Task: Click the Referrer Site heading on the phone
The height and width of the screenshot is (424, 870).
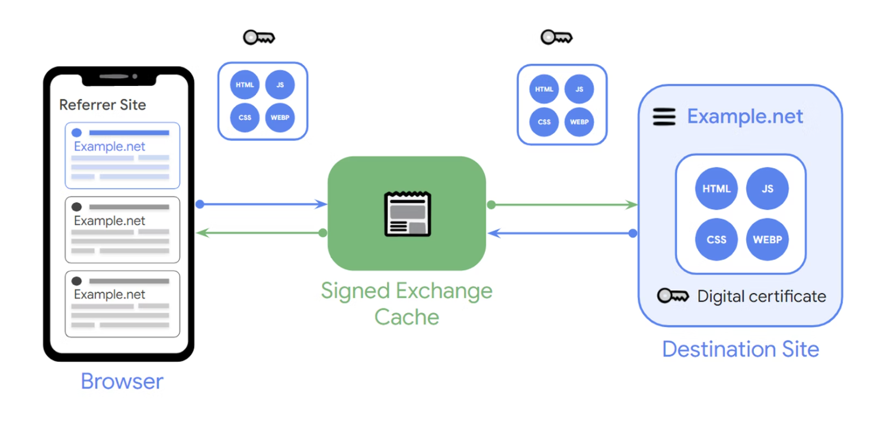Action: [x=103, y=105]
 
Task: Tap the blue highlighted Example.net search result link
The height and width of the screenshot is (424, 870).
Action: [x=110, y=147]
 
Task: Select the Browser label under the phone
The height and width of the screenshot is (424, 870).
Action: [x=121, y=381]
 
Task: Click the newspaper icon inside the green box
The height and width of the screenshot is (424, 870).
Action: [x=407, y=214]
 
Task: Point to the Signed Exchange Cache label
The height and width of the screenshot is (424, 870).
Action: [x=407, y=304]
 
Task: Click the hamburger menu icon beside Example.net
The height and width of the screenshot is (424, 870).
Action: [x=664, y=117]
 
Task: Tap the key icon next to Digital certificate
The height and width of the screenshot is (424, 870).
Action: [x=673, y=296]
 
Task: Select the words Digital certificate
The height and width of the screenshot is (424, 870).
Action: [x=762, y=296]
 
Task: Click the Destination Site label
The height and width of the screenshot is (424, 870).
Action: [x=740, y=349]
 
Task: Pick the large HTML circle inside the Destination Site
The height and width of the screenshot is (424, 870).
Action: [x=717, y=189]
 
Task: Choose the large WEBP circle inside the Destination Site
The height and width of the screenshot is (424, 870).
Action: [x=767, y=240]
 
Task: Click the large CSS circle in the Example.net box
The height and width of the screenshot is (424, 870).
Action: [x=717, y=240]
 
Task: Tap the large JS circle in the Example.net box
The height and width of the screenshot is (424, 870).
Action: [x=767, y=189]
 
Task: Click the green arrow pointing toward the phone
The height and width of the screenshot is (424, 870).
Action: [x=261, y=233]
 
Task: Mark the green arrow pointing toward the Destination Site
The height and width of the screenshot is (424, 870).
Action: [x=563, y=205]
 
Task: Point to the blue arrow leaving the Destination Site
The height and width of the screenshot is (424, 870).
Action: [x=563, y=233]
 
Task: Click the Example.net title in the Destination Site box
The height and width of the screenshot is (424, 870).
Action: [x=745, y=117]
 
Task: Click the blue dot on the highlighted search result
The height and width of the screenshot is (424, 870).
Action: [x=76, y=133]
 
